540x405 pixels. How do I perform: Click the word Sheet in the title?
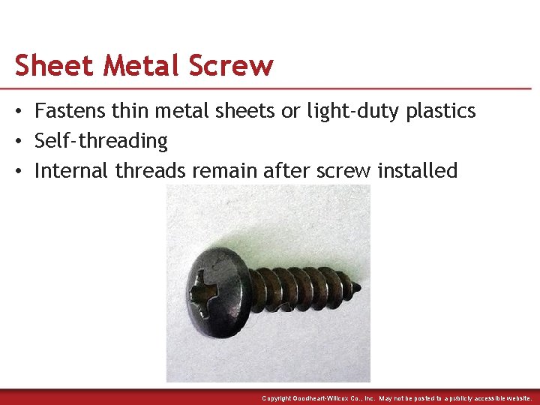coord(55,65)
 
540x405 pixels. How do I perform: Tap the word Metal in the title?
coord(142,65)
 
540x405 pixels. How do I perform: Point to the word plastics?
coord(440,111)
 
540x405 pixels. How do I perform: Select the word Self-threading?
coord(101,141)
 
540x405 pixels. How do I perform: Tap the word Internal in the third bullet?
coord(72,170)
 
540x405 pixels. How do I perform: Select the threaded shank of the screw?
coord(300,289)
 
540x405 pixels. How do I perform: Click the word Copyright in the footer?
coord(278,398)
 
